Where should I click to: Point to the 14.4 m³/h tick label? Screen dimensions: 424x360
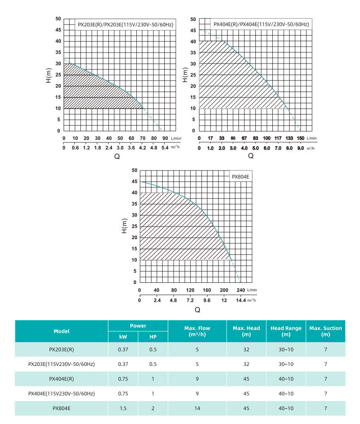tap(241, 300)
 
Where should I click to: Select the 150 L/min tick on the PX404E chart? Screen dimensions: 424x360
tap(300, 138)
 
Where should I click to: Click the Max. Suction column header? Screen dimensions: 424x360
tap(325, 331)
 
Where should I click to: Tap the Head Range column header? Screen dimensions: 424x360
tap(286, 331)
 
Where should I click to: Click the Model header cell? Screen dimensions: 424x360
tap(61, 331)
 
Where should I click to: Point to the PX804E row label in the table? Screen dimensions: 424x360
tap(61, 408)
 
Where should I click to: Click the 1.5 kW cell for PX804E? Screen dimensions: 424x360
tap(123, 408)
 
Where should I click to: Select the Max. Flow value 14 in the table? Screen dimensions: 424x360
tap(197, 408)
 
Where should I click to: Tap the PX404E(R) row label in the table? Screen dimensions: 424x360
tap(61, 379)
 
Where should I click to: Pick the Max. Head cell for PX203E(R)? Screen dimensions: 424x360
tap(246, 350)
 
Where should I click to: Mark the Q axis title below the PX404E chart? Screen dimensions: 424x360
tap(251, 156)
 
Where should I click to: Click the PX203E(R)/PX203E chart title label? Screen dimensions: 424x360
tap(125, 25)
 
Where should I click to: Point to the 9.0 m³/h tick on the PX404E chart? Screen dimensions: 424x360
tap(300, 148)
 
